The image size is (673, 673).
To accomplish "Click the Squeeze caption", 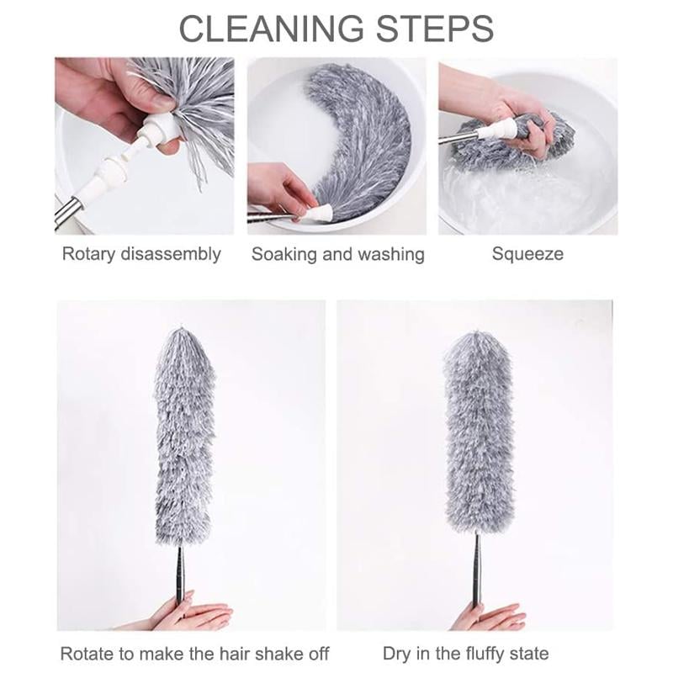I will click(x=527, y=254).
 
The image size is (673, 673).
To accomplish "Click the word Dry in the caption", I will click(x=399, y=653).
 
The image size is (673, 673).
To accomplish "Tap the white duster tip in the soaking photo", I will click(x=317, y=214).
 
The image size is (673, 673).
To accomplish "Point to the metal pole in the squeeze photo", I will click(x=461, y=137).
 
